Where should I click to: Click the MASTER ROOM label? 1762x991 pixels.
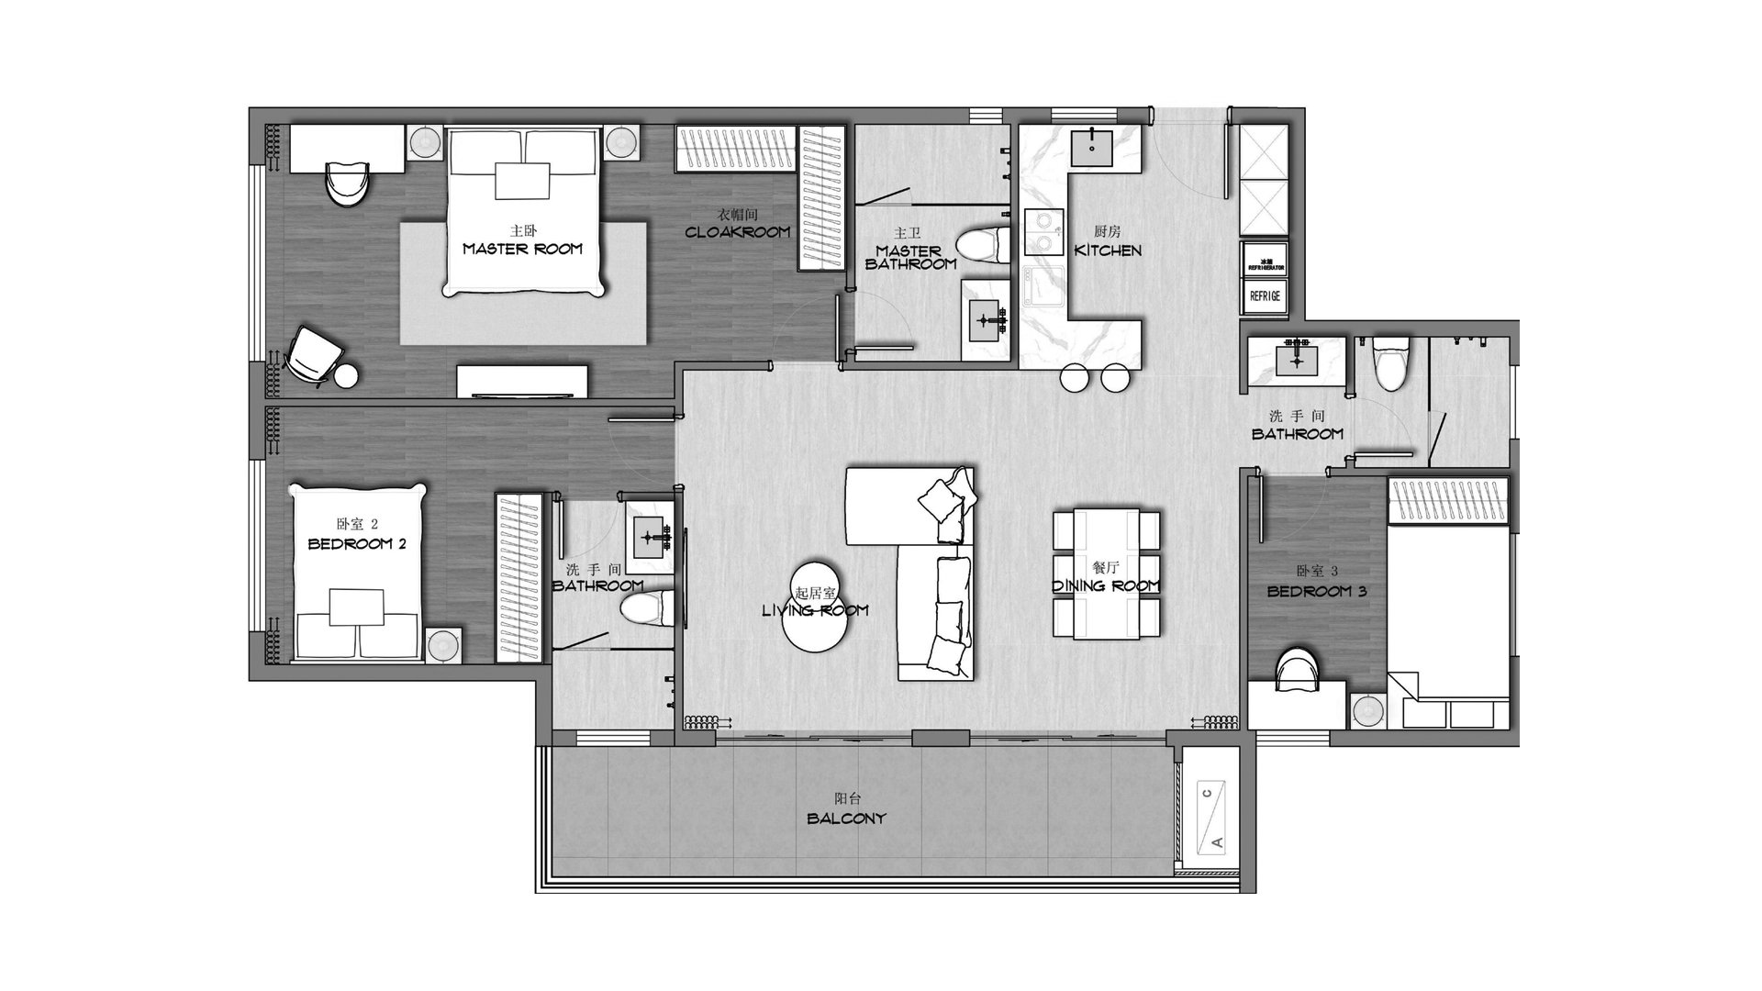522,249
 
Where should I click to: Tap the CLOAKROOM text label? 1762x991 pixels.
737,232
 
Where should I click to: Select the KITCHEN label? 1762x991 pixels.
1108,250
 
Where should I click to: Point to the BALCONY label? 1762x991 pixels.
847,818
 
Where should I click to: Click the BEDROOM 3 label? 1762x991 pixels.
1316,592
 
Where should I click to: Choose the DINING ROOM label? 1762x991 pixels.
1106,585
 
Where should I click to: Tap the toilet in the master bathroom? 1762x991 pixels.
978,246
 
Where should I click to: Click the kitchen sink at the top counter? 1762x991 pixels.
1092,147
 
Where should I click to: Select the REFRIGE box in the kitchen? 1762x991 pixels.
1264,296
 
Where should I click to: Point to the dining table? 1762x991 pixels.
1106,573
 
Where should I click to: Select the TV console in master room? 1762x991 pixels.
523,381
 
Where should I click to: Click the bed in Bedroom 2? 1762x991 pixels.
359,573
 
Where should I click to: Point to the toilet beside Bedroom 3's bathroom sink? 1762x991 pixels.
1387,362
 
